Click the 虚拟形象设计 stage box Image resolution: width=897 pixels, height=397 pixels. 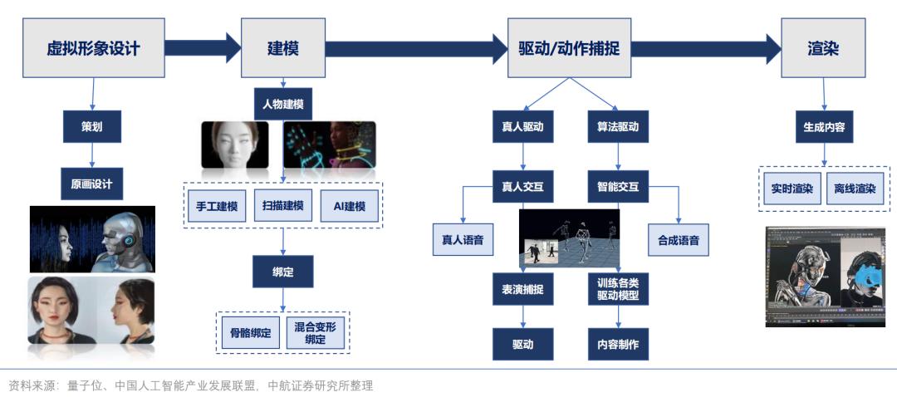(x=94, y=47)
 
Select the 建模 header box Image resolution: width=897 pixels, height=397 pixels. (x=283, y=47)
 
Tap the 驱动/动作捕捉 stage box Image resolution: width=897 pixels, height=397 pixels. (x=569, y=47)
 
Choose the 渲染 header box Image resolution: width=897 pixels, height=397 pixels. (x=824, y=47)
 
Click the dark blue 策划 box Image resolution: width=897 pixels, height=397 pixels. (x=92, y=126)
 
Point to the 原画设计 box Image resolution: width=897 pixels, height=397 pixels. (x=92, y=184)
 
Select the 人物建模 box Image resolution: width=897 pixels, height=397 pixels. (x=283, y=105)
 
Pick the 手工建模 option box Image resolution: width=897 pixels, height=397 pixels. (x=217, y=206)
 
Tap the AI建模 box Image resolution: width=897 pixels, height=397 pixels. (x=350, y=206)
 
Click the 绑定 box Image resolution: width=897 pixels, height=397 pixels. (x=283, y=272)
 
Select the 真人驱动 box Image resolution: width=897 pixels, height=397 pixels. (x=523, y=126)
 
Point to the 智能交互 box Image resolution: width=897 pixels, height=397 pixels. (x=618, y=186)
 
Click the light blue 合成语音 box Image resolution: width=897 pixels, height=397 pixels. (x=679, y=240)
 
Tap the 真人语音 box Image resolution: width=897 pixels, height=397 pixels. (x=463, y=240)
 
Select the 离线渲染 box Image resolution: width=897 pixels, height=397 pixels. (x=855, y=189)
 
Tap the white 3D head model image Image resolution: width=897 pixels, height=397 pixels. (x=234, y=145)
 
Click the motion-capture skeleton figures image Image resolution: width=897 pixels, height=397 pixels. (x=569, y=238)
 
